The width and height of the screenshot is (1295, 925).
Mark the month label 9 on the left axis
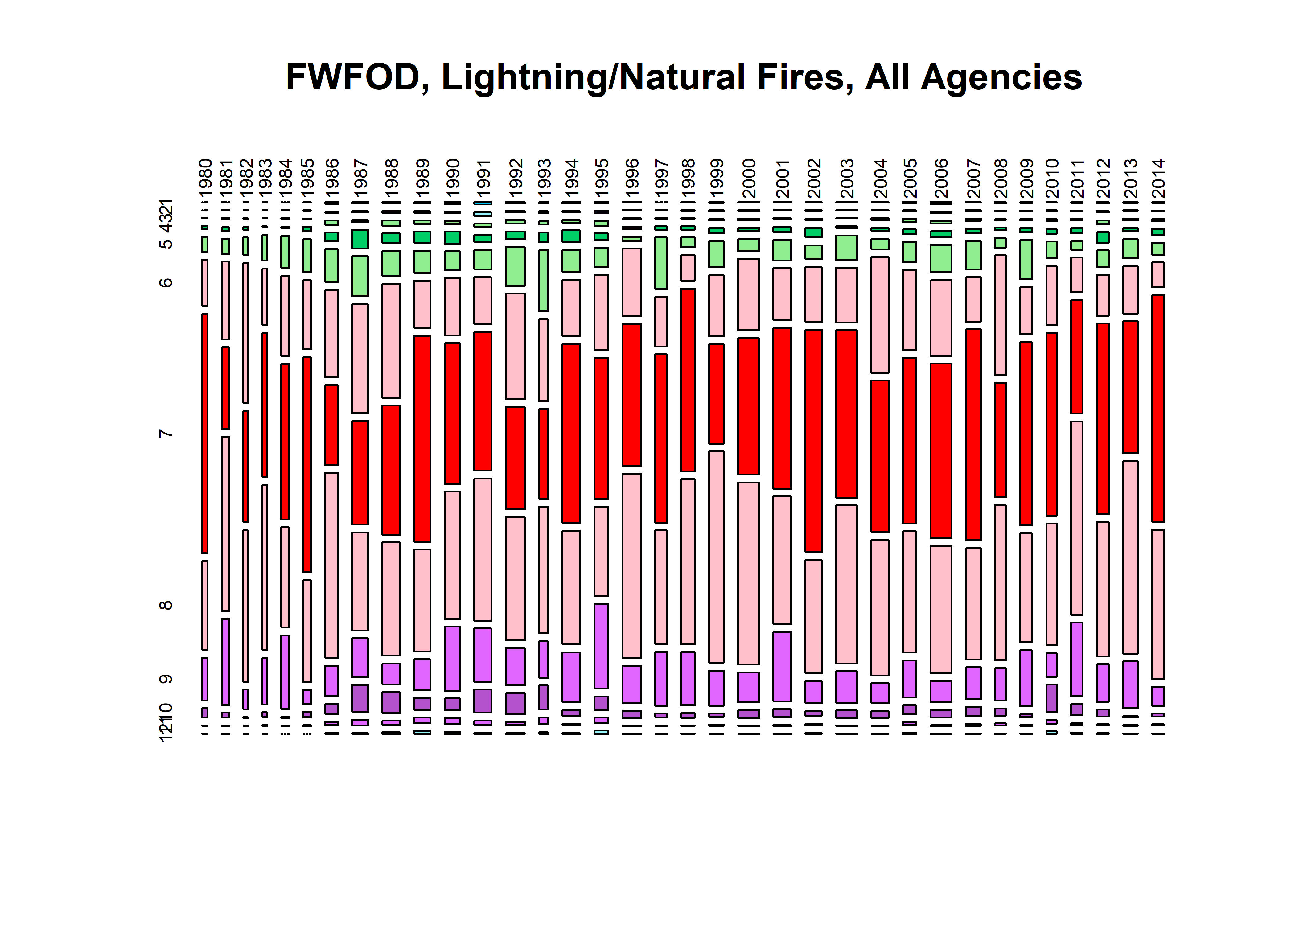click(x=166, y=679)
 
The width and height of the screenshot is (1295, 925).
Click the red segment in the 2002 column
click(x=813, y=440)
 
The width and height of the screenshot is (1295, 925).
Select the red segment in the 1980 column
click(x=204, y=433)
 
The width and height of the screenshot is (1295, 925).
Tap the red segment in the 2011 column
click(x=1076, y=356)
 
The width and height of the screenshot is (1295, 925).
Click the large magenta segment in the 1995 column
click(x=601, y=646)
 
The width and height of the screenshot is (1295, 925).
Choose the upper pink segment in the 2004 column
click(x=880, y=314)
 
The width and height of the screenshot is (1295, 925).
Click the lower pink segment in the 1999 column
click(x=716, y=557)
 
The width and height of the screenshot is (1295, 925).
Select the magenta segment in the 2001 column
click(x=782, y=666)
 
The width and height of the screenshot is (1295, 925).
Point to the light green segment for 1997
click(x=660, y=263)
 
